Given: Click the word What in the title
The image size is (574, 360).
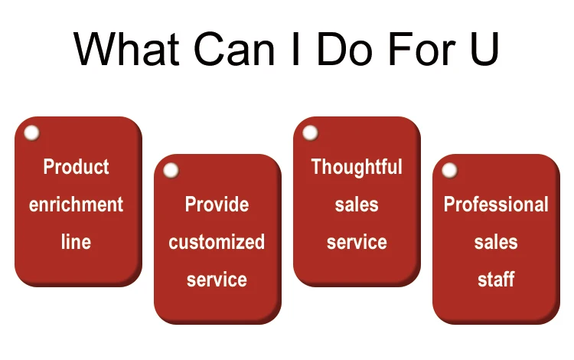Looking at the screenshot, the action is click(126, 49).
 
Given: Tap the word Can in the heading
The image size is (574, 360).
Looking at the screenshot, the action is click(234, 49).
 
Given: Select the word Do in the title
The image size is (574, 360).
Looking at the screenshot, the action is click(345, 49).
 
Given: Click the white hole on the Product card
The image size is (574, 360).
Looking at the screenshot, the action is click(32, 133).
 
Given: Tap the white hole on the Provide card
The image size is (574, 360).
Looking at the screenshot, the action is click(171, 170).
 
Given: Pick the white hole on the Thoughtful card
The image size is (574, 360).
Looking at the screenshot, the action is click(310, 133).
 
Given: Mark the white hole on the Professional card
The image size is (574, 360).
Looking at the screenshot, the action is click(449, 170).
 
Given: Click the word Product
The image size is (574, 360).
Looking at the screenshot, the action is click(76, 167).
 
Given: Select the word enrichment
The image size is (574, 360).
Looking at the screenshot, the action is click(76, 204).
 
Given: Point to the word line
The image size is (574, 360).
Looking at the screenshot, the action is click(76, 242).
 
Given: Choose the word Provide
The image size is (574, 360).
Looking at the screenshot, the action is click(217, 204).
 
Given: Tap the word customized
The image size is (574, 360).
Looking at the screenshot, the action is click(217, 242).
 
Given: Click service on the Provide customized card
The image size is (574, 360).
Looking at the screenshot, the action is click(217, 280).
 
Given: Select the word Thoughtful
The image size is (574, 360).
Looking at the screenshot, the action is click(357, 167).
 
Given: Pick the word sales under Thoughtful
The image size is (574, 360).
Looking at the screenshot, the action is click(357, 204).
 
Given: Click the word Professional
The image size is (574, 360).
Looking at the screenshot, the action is click(496, 204).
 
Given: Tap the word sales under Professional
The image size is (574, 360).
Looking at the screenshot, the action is click(496, 242).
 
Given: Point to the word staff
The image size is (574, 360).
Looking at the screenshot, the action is click(496, 280).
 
